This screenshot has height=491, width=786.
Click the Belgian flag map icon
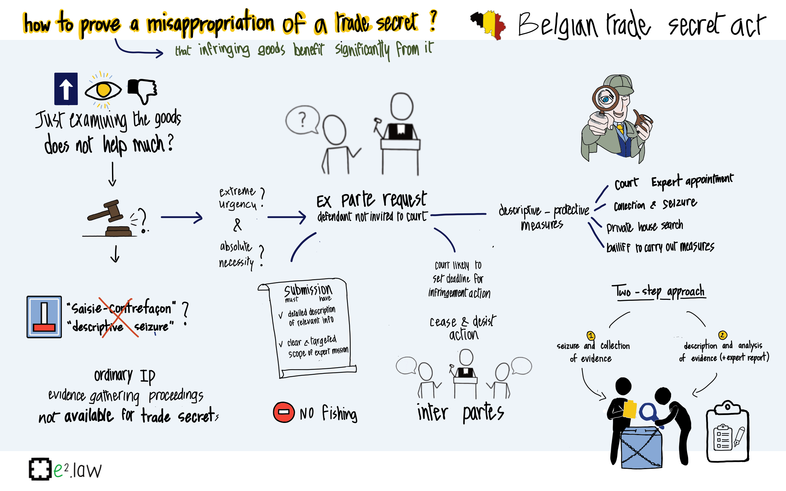[488, 25]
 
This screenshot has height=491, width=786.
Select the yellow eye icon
[103, 90]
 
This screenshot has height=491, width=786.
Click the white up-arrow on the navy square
[66, 89]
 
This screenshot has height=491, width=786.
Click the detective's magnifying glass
[605, 98]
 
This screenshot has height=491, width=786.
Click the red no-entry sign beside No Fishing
[284, 412]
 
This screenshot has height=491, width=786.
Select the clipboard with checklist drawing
[727, 431]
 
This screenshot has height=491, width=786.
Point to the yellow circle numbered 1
[591, 336]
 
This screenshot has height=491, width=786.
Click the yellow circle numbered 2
[722, 335]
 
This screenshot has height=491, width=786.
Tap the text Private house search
[645, 227]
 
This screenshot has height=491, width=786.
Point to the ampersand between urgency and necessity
[237, 225]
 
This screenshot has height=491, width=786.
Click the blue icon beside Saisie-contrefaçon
[44, 317]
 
